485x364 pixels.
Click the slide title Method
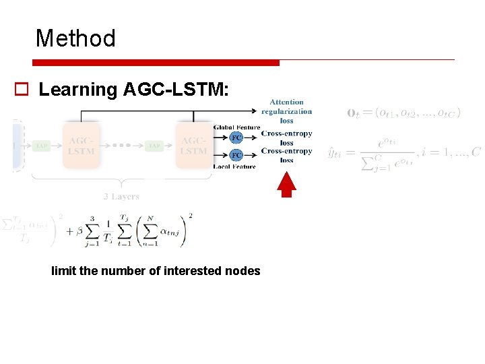click(x=75, y=38)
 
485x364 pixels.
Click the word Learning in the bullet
click(x=78, y=90)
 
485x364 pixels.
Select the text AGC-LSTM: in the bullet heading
click(x=177, y=90)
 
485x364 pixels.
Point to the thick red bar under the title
click(x=156, y=63)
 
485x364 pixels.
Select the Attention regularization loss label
click(x=287, y=111)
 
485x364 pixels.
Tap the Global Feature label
click(x=236, y=127)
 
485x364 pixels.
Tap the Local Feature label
click(x=234, y=166)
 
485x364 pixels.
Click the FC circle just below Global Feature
click(x=236, y=138)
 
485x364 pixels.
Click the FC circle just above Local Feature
click(x=236, y=155)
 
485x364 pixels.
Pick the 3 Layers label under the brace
click(x=121, y=197)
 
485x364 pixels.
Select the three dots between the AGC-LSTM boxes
click(x=122, y=146)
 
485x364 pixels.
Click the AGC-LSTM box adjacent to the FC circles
click(x=194, y=146)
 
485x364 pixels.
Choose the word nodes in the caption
click(x=243, y=271)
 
